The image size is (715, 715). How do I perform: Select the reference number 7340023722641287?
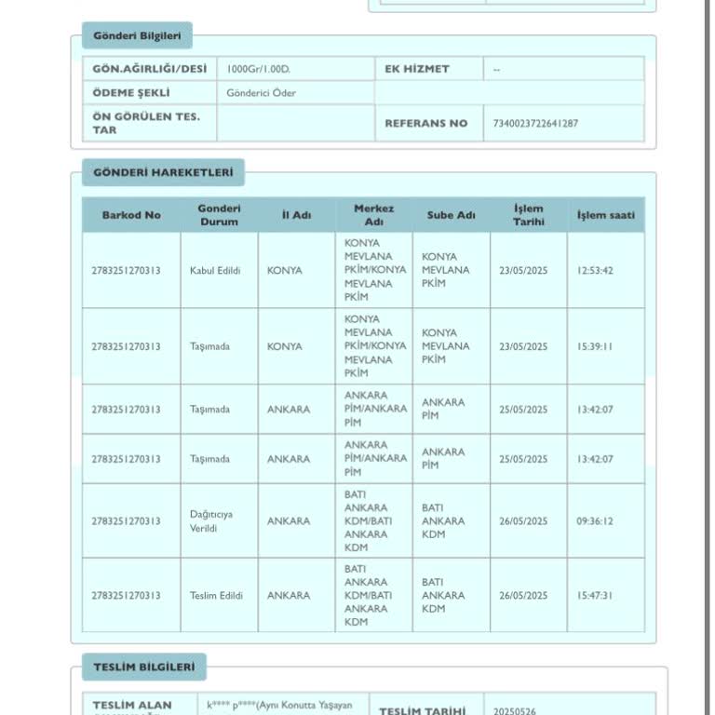(x=529, y=123)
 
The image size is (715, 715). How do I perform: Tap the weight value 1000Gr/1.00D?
(x=261, y=69)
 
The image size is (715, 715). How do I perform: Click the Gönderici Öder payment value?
(x=261, y=93)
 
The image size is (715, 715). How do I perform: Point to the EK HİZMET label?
(x=416, y=69)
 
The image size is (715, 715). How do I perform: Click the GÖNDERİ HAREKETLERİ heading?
(x=156, y=172)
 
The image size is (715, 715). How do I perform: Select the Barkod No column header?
(x=130, y=215)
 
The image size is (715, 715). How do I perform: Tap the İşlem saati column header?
(x=605, y=215)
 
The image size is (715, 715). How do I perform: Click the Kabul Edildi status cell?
(x=215, y=271)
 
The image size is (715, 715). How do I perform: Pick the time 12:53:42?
(x=594, y=271)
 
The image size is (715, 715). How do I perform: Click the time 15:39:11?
(x=594, y=346)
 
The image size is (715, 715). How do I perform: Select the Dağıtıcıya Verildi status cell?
(x=210, y=521)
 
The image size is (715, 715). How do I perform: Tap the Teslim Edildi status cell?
(x=216, y=596)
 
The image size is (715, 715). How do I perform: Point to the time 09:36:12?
(x=594, y=521)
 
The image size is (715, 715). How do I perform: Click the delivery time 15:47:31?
(x=594, y=596)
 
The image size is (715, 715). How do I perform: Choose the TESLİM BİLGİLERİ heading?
(x=143, y=667)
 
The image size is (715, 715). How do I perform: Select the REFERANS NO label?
(x=425, y=123)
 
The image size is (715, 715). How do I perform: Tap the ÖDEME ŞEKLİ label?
(x=130, y=93)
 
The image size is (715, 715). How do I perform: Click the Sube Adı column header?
(x=451, y=215)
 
